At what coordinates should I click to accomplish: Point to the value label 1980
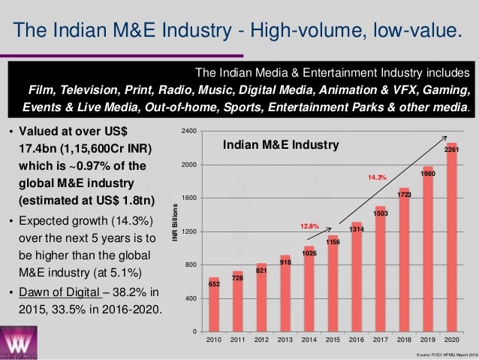428,174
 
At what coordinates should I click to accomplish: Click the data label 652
214,285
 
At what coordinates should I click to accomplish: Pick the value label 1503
380,213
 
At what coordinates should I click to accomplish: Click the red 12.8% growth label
310,225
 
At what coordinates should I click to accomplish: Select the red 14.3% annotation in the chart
376,177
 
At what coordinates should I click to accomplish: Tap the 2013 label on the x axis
285,340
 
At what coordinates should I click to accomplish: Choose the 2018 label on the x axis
404,340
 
